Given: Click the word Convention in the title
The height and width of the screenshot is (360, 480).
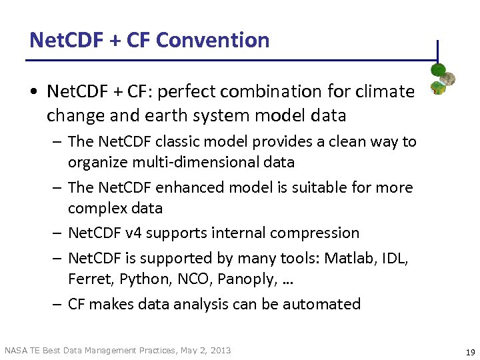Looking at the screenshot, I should tap(213, 41).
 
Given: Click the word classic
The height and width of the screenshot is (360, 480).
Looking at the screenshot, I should tap(177, 142).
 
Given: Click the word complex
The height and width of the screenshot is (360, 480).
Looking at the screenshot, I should tap(98, 208).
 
